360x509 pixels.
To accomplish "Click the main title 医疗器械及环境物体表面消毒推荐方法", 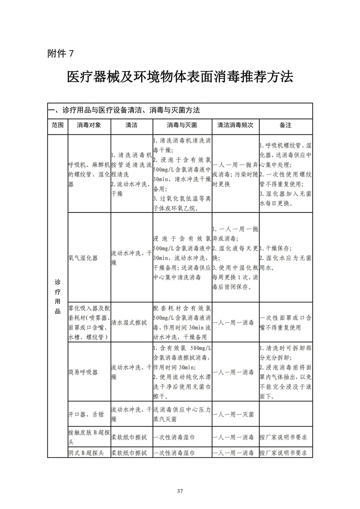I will pos(180,77).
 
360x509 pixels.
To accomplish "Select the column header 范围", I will pos(57,125).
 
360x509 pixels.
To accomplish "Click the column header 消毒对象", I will pos(89,125).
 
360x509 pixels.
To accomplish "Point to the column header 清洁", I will pos(131,125).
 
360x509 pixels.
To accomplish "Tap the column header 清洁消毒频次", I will pos(235,125).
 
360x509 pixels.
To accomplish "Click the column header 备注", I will pos(285,125).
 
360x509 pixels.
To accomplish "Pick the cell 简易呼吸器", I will pos(82,372).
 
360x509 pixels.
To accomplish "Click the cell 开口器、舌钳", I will pos(85,414).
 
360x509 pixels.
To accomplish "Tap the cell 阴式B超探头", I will pos(86,453).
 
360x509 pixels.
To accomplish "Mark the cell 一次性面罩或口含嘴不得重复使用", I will pos(285,323).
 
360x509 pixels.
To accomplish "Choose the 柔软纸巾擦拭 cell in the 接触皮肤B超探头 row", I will pos(131,437).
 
